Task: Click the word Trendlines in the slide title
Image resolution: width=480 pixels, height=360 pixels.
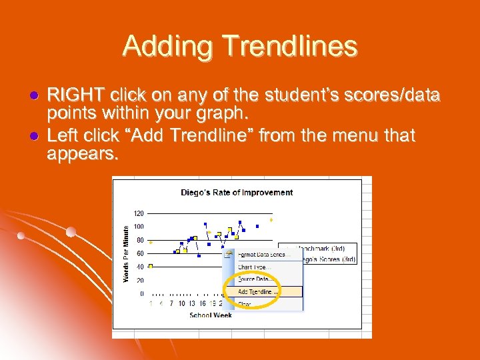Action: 291,46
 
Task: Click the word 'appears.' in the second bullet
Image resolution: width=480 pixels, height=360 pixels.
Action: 83,155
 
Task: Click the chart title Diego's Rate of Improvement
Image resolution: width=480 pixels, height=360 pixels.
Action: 237,192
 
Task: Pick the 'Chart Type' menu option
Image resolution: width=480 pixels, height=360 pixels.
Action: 253,267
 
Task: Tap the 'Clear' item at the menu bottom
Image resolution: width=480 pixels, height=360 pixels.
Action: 245,304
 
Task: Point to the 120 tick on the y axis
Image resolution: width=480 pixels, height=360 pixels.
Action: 139,213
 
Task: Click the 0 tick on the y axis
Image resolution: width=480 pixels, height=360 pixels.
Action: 141,293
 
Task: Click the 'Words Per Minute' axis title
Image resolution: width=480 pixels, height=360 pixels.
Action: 127,253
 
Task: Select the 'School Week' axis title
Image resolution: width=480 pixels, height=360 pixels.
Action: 210,315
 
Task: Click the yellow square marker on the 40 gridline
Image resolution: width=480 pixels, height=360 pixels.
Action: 151,267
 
